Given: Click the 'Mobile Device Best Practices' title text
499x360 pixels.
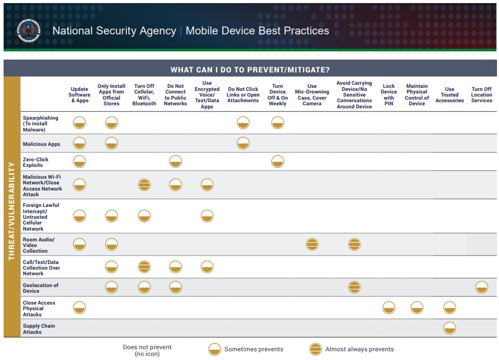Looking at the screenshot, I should point(257,31).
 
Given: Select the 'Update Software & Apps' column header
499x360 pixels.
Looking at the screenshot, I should point(80,95).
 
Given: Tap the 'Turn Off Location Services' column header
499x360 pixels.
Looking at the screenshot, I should point(481,95).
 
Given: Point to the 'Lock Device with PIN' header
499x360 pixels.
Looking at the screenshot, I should point(389,95).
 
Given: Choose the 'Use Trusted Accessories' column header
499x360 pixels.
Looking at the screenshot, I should point(449,95).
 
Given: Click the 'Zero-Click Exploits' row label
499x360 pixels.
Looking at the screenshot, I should point(36,162).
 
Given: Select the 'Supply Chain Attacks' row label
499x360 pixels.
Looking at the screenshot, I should point(39,329).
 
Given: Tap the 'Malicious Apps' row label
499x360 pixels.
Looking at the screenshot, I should point(42,144).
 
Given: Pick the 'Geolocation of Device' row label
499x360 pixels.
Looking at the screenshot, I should point(41,288).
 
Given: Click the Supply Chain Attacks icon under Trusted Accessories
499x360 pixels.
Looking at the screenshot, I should point(449,328).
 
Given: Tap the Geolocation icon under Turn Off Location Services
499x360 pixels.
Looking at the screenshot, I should point(481,288).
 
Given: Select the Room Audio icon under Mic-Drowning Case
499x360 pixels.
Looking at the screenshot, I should point(312,244).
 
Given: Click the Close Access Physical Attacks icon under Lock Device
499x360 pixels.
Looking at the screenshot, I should point(389,308).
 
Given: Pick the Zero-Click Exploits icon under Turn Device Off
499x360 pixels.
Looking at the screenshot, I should point(277,162).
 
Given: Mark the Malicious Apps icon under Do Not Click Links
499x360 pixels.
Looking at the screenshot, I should point(243,143).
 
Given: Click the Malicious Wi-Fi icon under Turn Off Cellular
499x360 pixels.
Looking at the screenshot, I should point(144,184).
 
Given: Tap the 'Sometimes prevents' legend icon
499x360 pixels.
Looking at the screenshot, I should point(214,349).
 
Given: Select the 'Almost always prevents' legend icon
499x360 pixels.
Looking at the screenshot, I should point(315,349).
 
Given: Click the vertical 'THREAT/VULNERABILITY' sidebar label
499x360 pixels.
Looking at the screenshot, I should point(11,211).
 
